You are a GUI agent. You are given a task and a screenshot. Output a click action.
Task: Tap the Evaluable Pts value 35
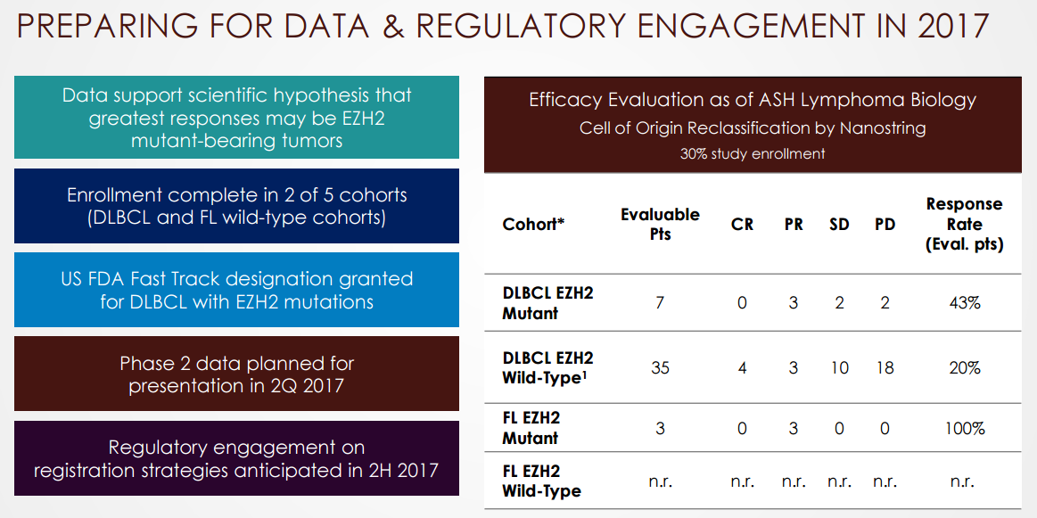659,368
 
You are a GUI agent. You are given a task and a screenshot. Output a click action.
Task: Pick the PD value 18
885,368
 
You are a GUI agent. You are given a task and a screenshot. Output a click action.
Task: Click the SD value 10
839,368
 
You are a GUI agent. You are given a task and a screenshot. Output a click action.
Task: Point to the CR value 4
742,368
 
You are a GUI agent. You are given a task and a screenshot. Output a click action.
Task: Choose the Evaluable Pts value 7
659,303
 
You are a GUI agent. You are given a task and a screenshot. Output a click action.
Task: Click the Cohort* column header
533,225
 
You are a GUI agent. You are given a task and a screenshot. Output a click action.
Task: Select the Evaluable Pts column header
659,225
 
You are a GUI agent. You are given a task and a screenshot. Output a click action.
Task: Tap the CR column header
742,225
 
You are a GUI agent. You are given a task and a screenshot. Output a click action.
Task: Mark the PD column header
885,225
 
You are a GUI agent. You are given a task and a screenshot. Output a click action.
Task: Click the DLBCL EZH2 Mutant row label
547,303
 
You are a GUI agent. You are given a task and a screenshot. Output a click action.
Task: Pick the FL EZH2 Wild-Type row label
541,481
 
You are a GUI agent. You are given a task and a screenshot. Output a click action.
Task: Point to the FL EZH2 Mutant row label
531,428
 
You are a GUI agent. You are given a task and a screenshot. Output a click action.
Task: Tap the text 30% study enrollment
753,154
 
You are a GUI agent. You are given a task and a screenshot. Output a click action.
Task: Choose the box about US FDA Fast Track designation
237,290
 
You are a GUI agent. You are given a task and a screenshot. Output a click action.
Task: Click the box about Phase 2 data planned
237,374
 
